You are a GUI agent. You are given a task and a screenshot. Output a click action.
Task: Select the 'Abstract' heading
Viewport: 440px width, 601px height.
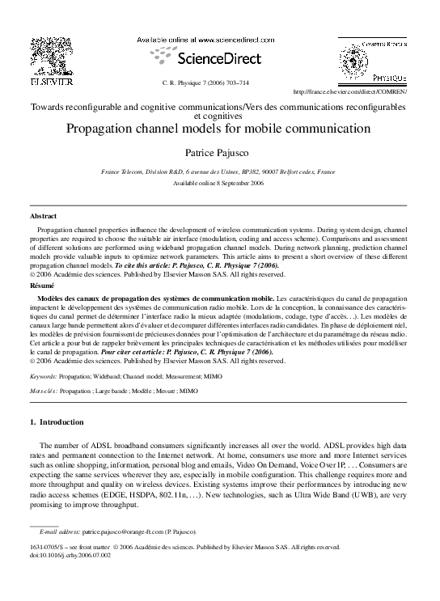point(43,218)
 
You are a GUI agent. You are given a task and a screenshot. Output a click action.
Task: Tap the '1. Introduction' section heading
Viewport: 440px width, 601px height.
point(56,422)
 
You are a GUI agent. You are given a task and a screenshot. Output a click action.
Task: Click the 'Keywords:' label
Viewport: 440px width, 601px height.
point(43,377)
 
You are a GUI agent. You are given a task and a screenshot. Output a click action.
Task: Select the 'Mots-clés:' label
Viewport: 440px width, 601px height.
point(44,390)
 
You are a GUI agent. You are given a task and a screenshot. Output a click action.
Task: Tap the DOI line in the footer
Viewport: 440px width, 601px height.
point(70,555)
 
